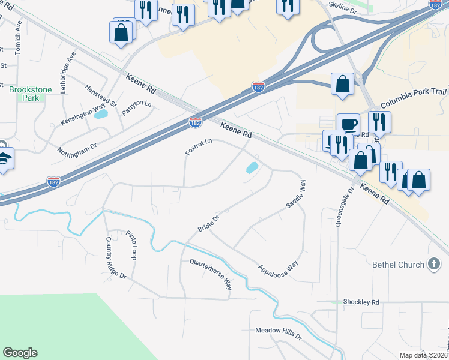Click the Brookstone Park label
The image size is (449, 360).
pos(31,94)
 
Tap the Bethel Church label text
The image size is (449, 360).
pos(398,264)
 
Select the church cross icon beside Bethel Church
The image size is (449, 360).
pos(434,264)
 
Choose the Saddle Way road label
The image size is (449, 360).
pos(295,194)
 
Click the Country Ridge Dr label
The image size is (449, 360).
pos(116,257)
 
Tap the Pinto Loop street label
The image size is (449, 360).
pos(132,244)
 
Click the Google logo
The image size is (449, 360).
pos(20,353)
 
